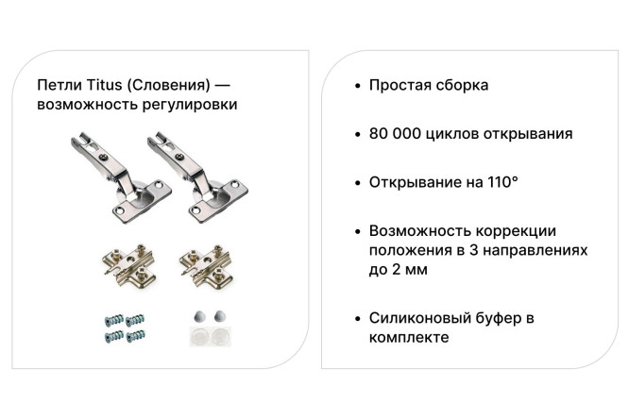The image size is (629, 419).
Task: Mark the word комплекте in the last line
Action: pos(408,338)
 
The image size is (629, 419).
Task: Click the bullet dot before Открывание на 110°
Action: pos(355,182)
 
